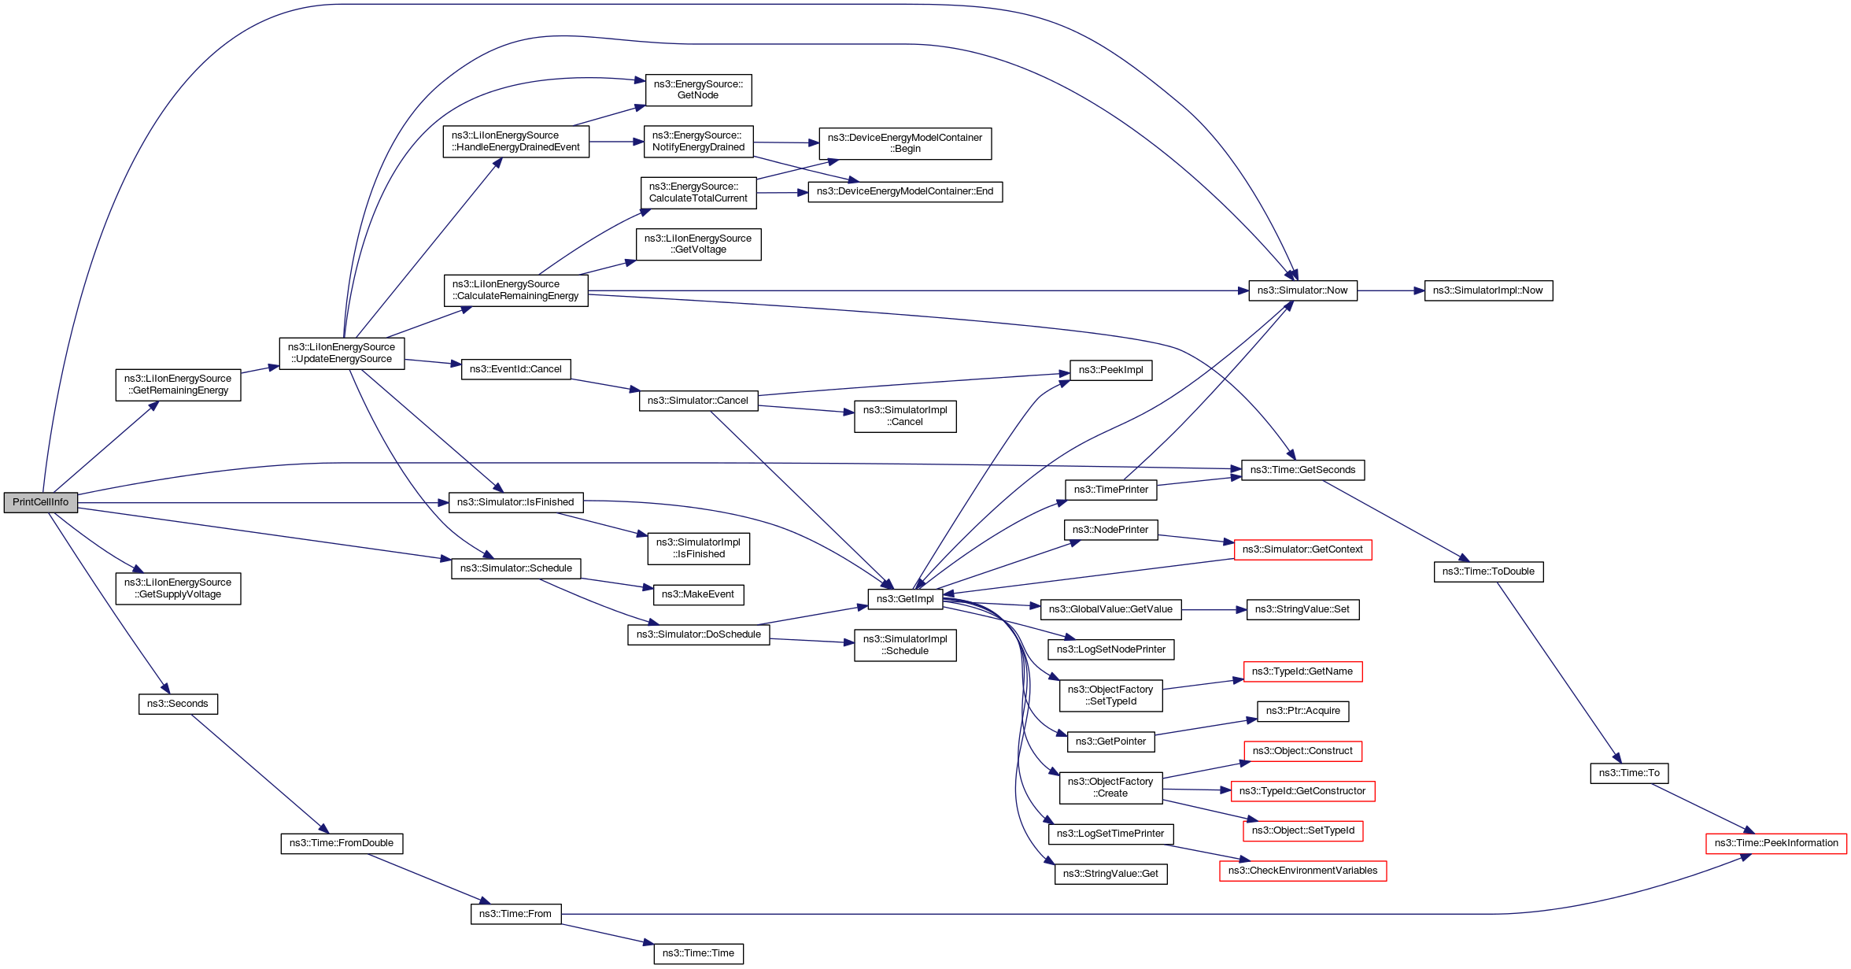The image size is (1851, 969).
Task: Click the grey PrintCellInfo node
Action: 41,502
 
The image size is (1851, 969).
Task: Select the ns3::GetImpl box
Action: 905,599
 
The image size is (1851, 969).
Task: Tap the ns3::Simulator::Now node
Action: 1302,290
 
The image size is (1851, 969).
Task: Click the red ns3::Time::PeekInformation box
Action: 1776,843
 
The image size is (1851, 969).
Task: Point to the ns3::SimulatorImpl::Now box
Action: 1488,290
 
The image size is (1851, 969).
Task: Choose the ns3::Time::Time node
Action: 698,953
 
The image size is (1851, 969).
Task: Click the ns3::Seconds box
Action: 178,704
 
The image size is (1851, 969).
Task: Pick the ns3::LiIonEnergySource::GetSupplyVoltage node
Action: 178,589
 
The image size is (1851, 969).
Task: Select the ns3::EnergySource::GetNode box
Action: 698,90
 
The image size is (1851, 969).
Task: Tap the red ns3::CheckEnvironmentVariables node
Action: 1302,871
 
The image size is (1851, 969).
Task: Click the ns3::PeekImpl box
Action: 1110,370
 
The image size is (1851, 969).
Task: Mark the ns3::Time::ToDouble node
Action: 1488,571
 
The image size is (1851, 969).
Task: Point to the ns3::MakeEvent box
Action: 698,594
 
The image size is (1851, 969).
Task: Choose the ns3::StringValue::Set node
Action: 1302,609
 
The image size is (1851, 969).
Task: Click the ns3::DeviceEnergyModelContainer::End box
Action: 905,191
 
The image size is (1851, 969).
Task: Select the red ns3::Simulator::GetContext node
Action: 1302,549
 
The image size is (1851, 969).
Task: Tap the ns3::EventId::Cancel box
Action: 515,369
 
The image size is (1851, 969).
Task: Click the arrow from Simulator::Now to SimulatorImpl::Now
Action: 1391,290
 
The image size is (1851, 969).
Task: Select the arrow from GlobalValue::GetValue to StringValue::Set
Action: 1214,609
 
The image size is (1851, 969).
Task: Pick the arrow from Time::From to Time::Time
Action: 608,934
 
